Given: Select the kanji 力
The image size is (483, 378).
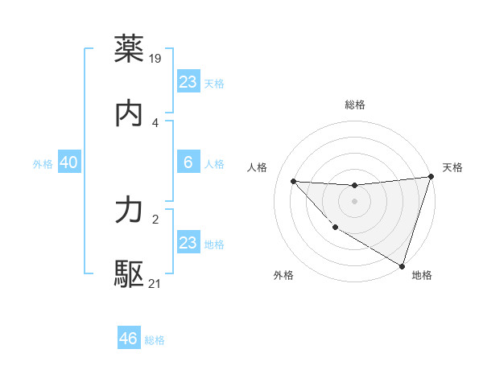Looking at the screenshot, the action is click(130, 211).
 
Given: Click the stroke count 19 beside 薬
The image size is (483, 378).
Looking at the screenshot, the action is click(156, 58).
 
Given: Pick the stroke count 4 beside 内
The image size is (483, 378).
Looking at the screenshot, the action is click(155, 123).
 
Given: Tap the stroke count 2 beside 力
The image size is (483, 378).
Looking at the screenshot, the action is click(155, 219).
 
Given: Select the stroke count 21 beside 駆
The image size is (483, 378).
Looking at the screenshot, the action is click(155, 284).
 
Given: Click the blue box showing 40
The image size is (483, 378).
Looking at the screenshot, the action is click(68, 163).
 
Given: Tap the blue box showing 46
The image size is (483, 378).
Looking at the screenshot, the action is click(129, 339).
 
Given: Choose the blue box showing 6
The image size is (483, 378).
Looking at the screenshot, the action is click(188, 163).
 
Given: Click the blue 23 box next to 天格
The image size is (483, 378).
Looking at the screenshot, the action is click(188, 82).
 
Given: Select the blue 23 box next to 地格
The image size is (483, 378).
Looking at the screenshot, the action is click(188, 243).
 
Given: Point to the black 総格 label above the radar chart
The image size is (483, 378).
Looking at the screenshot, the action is click(354, 105).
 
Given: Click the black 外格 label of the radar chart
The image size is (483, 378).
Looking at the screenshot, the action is click(283, 275).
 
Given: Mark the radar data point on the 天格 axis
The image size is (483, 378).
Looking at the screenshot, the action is click(431, 177).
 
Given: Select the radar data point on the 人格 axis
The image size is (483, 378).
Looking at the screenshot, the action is click(293, 181).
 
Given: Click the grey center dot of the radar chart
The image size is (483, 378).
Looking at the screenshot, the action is click(354, 201).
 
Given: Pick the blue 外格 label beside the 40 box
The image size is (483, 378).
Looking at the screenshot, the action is click(43, 164).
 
